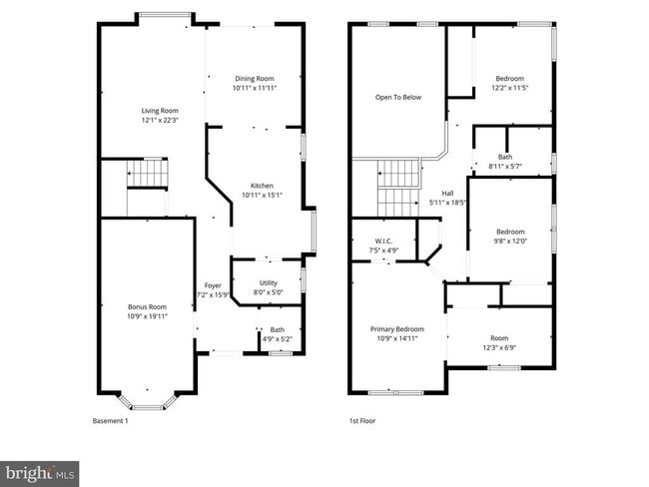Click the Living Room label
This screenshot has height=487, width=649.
point(159,111)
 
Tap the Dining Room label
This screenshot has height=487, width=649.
point(254,79)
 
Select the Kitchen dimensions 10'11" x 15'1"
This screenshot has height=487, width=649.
point(262,195)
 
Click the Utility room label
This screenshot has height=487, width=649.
point(268,282)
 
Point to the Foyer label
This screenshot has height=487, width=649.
point(213,286)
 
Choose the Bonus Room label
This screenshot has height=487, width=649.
point(147,306)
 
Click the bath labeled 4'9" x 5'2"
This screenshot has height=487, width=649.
point(277,330)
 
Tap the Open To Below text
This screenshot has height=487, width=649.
point(397,97)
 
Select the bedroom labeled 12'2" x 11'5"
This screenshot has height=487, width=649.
point(510,79)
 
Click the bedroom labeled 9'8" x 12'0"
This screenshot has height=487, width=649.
point(510,232)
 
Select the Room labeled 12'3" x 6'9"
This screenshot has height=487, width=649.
point(498,338)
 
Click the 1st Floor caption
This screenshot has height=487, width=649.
point(361,420)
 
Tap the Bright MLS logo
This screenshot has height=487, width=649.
point(40,471)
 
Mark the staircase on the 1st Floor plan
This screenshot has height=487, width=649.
point(396,187)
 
